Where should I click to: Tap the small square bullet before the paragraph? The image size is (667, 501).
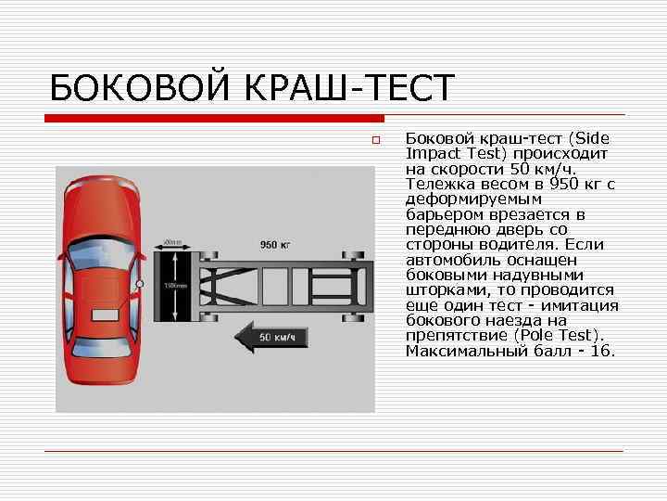click(377, 140)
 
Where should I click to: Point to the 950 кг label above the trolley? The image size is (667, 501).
click(275, 245)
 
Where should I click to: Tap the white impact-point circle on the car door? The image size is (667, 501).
click(139, 283)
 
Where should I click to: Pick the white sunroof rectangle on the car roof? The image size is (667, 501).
click(99, 289)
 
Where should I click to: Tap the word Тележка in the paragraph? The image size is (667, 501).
click(438, 184)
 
